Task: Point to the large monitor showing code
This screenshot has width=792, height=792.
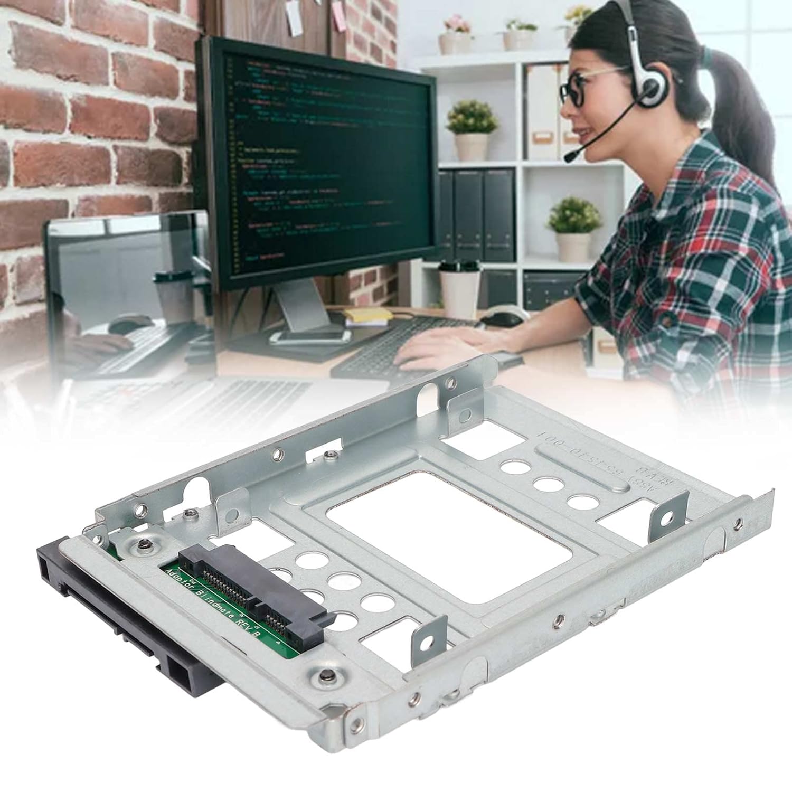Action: click(317, 158)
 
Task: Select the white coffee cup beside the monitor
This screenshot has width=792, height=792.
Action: click(459, 288)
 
